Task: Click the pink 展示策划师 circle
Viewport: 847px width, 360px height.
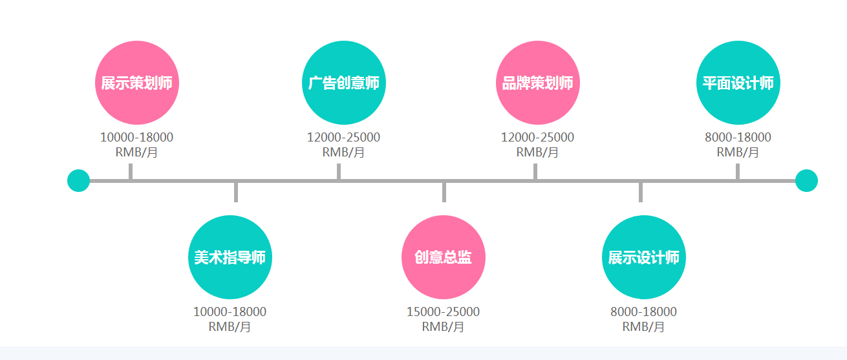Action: pyautogui.click(x=136, y=83)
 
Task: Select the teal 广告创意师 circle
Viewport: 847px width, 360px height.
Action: pyautogui.click(x=343, y=83)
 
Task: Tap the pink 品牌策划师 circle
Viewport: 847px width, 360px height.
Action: pyautogui.click(x=537, y=83)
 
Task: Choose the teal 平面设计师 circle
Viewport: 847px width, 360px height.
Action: pyautogui.click(x=738, y=83)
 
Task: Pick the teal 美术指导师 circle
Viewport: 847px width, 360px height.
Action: pyautogui.click(x=230, y=257)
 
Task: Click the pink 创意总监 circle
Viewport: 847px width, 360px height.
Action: pyautogui.click(x=443, y=257)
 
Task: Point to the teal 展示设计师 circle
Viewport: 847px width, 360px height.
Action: pyautogui.click(x=643, y=257)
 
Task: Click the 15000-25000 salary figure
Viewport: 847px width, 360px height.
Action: pyautogui.click(x=443, y=312)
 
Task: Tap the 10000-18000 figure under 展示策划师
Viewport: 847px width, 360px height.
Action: pyautogui.click(x=136, y=137)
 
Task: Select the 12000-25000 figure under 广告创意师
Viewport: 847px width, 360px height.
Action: pyautogui.click(x=343, y=137)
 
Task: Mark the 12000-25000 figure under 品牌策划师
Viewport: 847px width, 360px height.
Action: pyautogui.click(x=537, y=137)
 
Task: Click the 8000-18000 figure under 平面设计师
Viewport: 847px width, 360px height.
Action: pyautogui.click(x=738, y=137)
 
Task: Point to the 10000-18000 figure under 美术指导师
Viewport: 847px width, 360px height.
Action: pyautogui.click(x=230, y=312)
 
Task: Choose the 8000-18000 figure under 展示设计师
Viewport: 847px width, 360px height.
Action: pyautogui.click(x=643, y=312)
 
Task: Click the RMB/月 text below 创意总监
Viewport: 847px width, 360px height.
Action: pyautogui.click(x=443, y=326)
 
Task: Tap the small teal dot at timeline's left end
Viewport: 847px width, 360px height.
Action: pyautogui.click(x=78, y=180)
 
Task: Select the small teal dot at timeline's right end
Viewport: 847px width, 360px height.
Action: pyautogui.click(x=806, y=180)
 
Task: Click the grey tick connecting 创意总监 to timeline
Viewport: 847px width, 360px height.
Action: pyautogui.click(x=444, y=193)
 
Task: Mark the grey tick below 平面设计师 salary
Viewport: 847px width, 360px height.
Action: pyautogui.click(x=737, y=171)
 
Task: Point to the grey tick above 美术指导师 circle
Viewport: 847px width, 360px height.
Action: pyautogui.click(x=236, y=193)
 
